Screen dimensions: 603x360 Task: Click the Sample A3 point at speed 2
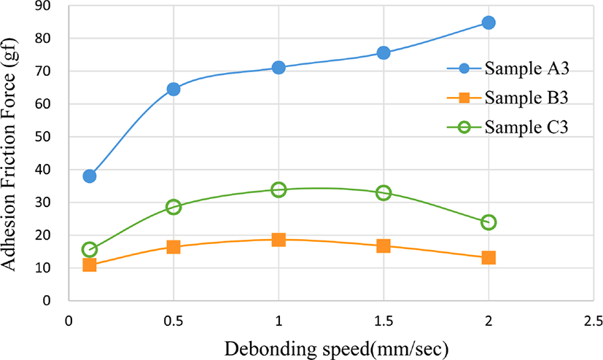(x=489, y=23)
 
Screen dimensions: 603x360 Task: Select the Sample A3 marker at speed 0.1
(x=89, y=176)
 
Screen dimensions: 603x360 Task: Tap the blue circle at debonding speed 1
(x=279, y=68)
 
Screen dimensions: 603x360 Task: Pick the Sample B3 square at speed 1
(x=279, y=240)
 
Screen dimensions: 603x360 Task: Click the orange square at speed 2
(x=489, y=257)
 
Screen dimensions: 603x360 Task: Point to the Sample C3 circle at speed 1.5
(x=384, y=192)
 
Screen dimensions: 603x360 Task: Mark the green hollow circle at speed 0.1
(x=89, y=249)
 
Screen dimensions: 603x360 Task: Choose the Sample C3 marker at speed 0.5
(x=174, y=207)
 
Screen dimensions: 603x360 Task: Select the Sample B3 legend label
(x=526, y=98)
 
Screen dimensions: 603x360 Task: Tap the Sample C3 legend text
(x=526, y=127)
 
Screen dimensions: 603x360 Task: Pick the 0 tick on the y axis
(x=47, y=301)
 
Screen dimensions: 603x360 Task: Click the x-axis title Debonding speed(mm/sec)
(x=336, y=349)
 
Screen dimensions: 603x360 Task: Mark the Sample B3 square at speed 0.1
(x=89, y=265)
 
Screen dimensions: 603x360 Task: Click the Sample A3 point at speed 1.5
(x=384, y=52)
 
